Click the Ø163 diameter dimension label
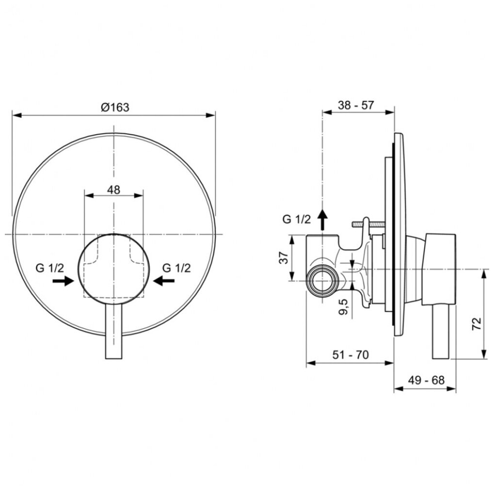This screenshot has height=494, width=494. pos(115,107)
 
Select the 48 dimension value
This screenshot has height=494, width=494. pos(113,189)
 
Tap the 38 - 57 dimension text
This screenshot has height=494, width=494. pos(355,105)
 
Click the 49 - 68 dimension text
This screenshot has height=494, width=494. pos(426,381)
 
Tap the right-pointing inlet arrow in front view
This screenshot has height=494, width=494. pos(63,281)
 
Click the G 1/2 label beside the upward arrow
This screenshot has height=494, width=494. pos(296,219)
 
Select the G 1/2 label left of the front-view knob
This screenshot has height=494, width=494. pos(49,267)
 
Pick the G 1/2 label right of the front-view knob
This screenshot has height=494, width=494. pos(176,267)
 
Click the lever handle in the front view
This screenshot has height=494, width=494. pos(114,334)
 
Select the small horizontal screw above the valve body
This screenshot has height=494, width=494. pos(368,224)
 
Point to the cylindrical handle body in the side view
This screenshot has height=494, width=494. pos(439,269)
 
